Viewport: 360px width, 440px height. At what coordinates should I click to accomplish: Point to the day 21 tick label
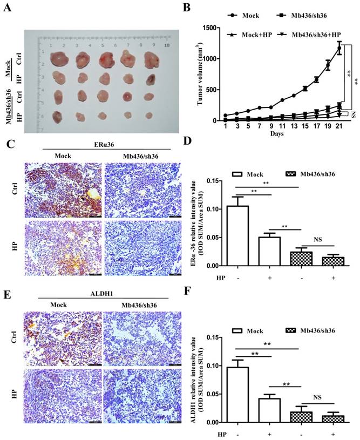(x=339, y=125)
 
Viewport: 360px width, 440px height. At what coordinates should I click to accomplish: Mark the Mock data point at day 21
(x=339, y=49)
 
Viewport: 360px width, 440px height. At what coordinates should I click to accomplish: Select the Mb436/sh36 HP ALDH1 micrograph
(x=137, y=398)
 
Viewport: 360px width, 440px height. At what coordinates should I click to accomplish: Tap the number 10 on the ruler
(x=167, y=46)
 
